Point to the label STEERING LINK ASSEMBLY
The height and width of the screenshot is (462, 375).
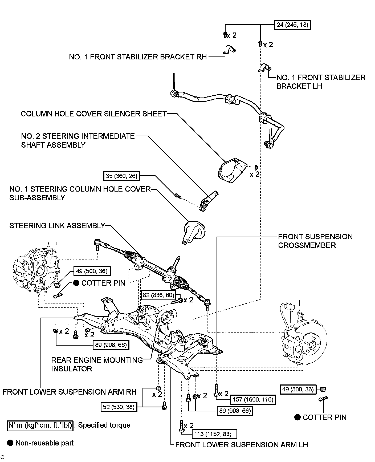pyautogui.click(x=57, y=226)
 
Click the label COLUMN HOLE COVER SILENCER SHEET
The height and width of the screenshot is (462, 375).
pyautogui.click(x=93, y=114)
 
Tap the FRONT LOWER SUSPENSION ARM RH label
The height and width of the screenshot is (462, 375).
pyautogui.click(x=70, y=392)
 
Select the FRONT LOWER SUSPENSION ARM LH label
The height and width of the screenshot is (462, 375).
pyautogui.click(x=242, y=445)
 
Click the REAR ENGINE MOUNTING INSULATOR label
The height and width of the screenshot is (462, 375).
pyautogui.click(x=97, y=364)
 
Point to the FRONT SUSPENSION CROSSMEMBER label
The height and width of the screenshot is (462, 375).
pyautogui.click(x=315, y=241)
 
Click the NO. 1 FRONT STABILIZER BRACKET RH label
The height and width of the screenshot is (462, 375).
pyautogui.click(x=138, y=57)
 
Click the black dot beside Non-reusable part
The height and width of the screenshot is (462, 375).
pyautogui.click(x=10, y=443)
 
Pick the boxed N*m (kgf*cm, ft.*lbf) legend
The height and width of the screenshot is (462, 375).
pyautogui.click(x=40, y=425)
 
